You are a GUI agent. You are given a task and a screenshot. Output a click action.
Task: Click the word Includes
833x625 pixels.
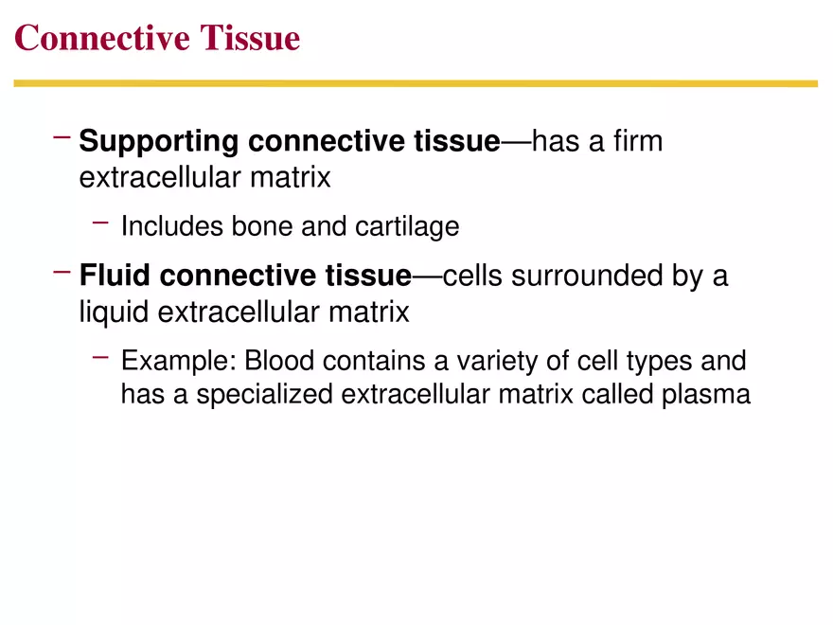pyautogui.click(x=169, y=227)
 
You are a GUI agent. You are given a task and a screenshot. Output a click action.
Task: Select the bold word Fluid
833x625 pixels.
pyautogui.click(x=115, y=277)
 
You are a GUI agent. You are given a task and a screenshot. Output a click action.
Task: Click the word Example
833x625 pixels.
pyautogui.click(x=178, y=362)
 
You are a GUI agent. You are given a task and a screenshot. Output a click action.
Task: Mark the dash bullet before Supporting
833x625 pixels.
pyautogui.click(x=62, y=138)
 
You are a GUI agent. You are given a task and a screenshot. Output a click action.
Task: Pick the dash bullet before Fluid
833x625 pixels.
pyautogui.click(x=62, y=273)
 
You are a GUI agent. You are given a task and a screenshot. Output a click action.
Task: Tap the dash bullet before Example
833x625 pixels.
pyautogui.click(x=102, y=358)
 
